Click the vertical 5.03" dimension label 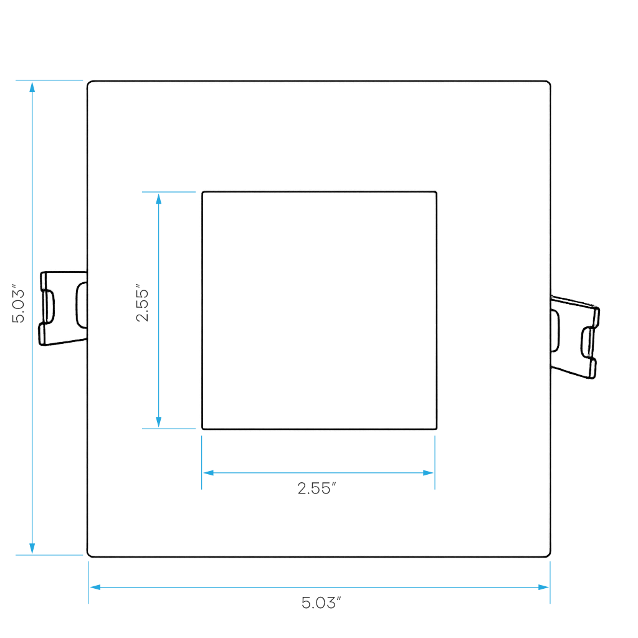point(18,303)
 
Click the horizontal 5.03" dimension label point(321,602)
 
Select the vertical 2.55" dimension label point(142,303)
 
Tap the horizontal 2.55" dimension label point(317,488)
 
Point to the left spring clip point(63,308)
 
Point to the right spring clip point(574,337)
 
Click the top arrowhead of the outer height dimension point(32,87)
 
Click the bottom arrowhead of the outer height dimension point(32,548)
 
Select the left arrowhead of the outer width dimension point(95,587)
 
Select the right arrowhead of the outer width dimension point(543,587)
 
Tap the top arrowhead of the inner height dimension point(159,199)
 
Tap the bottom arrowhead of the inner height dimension point(159,422)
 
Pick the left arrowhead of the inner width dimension point(208,473)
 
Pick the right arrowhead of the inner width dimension point(428,473)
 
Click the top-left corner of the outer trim point(88,82)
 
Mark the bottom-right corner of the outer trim point(550,556)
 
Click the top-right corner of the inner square point(436,192)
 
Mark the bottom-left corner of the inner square point(202,429)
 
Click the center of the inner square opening point(320,310)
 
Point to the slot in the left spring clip point(49,306)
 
